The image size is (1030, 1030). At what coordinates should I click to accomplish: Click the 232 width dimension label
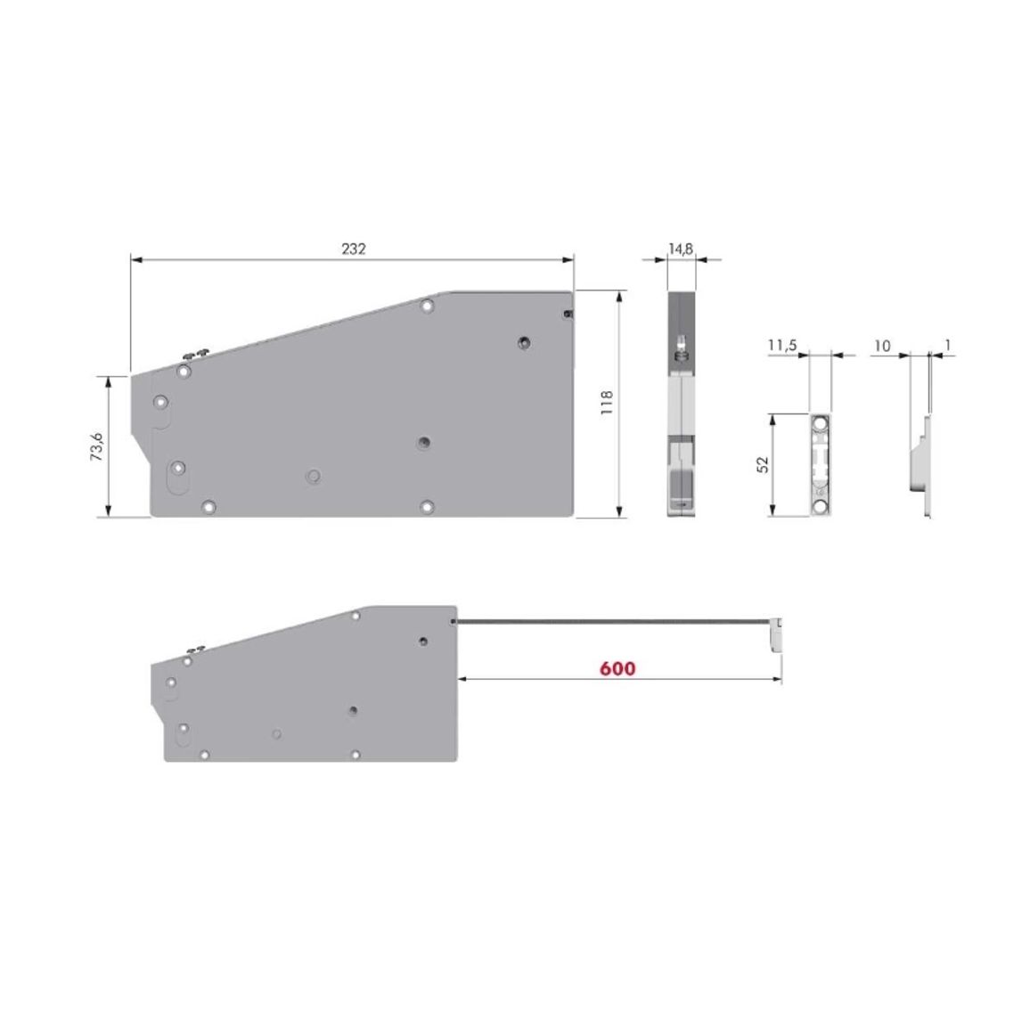point(354,249)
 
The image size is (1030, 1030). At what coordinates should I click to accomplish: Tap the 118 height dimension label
point(607,402)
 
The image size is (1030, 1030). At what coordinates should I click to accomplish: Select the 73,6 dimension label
point(96,446)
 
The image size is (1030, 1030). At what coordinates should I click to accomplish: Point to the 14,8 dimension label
point(681,249)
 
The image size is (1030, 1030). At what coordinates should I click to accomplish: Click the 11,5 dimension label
point(782,345)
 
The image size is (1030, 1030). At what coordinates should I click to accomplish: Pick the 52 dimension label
point(762,465)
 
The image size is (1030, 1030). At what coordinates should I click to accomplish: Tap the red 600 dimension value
point(617,669)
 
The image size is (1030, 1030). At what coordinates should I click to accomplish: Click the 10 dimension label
point(883,346)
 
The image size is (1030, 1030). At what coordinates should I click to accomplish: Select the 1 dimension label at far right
point(948,345)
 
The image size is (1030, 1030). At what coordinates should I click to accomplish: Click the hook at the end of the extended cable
point(776,634)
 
